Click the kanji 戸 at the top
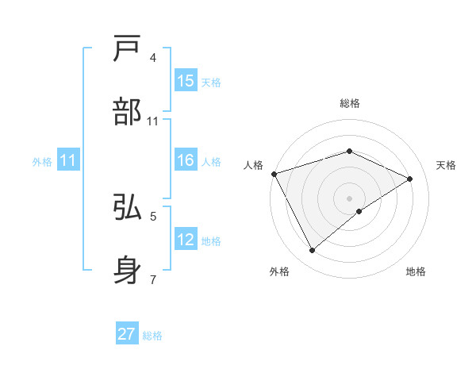[x=128, y=48]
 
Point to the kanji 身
[x=128, y=270]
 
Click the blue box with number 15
[x=186, y=81]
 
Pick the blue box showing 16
[x=186, y=161]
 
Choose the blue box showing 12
[x=186, y=240]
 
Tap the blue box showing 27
[x=127, y=334]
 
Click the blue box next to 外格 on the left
[x=68, y=161]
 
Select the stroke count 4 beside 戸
[x=153, y=57]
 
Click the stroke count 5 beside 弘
[x=153, y=215]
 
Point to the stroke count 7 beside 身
[x=153, y=279]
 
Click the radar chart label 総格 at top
[x=349, y=103]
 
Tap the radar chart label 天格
[x=446, y=165]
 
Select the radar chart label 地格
[x=416, y=272]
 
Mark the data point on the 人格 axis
[x=274, y=174]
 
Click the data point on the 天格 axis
[x=410, y=179]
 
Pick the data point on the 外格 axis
[x=312, y=251]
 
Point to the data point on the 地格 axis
[x=359, y=211]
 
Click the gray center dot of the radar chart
[x=349, y=198]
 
